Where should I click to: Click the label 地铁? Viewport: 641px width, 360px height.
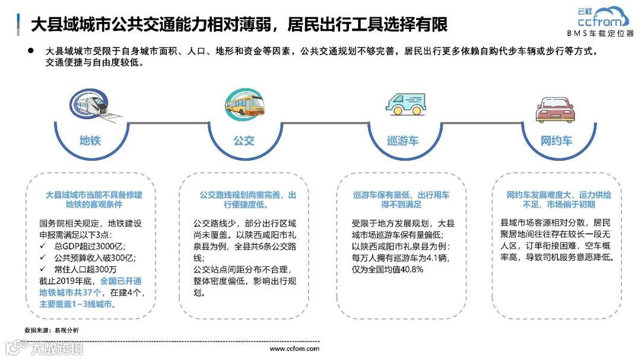90,141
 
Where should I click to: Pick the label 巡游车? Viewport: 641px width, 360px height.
403,141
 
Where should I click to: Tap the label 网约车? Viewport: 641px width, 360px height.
556,141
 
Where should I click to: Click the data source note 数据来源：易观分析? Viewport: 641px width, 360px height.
51,330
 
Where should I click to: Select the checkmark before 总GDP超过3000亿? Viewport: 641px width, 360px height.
43,246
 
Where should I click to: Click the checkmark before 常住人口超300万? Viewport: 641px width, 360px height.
43,269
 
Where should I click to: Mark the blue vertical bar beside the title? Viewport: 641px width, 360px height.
19,24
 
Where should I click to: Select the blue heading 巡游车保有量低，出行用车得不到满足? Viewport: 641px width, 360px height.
401,199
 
